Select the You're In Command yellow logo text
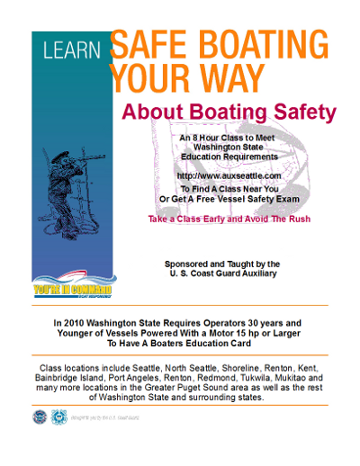tap(71, 289)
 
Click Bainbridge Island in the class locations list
tap(70, 379)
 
